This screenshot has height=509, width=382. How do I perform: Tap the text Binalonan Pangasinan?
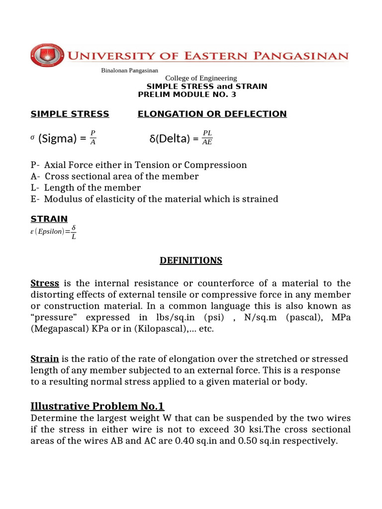[129, 71]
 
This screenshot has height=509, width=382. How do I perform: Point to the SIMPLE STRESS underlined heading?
[70, 114]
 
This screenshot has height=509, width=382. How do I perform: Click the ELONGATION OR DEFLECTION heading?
[212, 114]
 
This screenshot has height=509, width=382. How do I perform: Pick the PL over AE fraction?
[207, 138]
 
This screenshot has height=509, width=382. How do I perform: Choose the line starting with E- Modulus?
[154, 199]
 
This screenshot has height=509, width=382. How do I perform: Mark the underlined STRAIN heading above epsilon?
[49, 219]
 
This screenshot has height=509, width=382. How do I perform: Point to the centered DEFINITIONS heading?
[191, 260]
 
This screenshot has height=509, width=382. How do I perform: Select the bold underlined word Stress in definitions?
[45, 283]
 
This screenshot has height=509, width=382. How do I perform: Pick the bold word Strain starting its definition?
[45, 359]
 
